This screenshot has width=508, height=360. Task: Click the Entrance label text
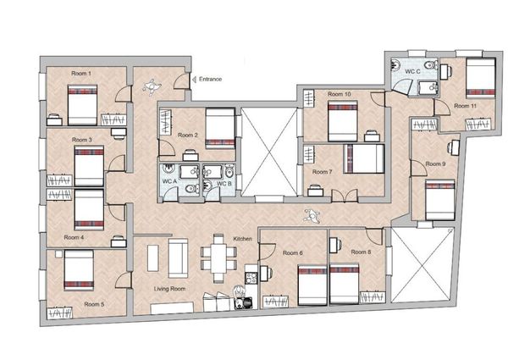point(210,79)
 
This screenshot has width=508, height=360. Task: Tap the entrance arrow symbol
point(195,79)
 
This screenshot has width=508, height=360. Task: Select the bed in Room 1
point(83,105)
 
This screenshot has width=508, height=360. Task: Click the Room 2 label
point(188,136)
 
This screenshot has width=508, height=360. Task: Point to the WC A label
point(169,181)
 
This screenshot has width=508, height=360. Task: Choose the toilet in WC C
point(431,65)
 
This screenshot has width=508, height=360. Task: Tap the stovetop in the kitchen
point(251,278)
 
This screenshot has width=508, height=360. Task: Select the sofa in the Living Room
point(178,258)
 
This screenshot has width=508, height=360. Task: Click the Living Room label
point(170,289)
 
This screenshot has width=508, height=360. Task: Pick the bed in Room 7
point(364,158)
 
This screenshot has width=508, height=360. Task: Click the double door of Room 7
point(345,196)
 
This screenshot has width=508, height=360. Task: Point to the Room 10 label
point(340,94)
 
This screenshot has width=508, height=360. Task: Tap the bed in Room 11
point(481,78)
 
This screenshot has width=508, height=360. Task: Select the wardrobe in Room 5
point(59,313)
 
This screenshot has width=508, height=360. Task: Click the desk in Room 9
point(453,147)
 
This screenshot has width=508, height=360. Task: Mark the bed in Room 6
point(312,285)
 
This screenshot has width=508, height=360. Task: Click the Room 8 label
point(361,252)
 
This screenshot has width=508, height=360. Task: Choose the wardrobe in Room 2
point(165,122)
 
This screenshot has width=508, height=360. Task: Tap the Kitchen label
point(243,239)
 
